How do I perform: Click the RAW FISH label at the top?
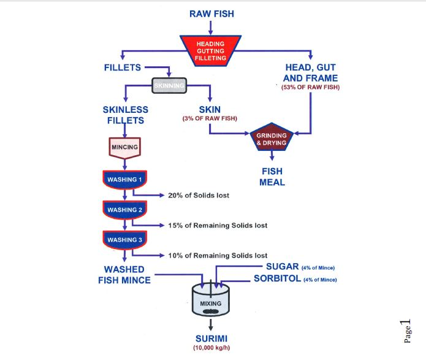[x=210, y=13]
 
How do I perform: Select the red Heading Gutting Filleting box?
[x=210, y=51]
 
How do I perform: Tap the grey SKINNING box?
[x=169, y=86]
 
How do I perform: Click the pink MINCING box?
[x=124, y=148]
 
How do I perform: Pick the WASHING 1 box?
[x=124, y=180]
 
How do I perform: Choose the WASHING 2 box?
[x=124, y=210]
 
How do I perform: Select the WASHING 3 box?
[x=124, y=240]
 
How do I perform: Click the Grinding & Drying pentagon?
[x=272, y=139]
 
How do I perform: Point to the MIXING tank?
[x=210, y=301]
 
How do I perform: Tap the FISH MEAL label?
[x=272, y=177]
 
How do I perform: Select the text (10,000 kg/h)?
[x=210, y=348]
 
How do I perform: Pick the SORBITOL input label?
[x=277, y=279]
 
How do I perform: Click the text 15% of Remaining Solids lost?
[x=217, y=225]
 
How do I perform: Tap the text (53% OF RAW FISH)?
[x=310, y=88]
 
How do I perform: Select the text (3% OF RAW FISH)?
[x=210, y=118]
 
